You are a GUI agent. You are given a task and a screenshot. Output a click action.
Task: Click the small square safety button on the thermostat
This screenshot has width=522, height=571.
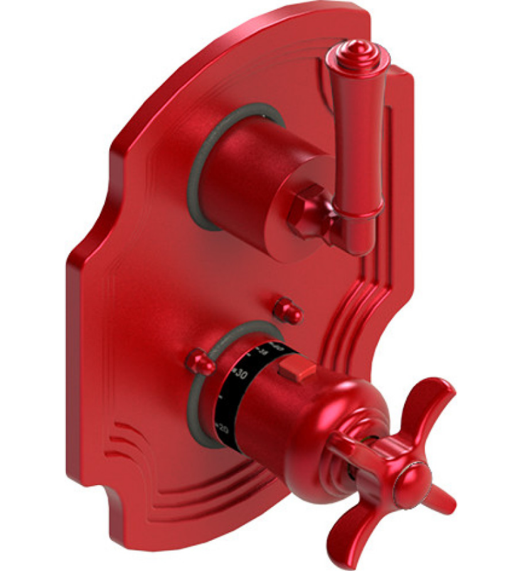coord(294,369)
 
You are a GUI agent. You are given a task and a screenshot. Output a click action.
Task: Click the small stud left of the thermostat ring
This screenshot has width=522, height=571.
coord(200,360)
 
